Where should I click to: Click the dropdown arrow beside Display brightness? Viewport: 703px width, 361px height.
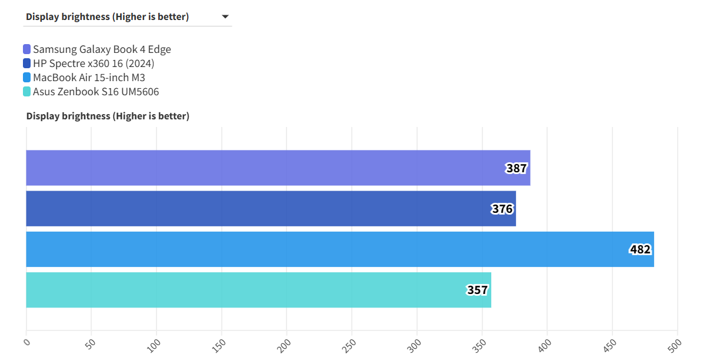(225, 17)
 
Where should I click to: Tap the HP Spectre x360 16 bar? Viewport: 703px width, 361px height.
(271, 209)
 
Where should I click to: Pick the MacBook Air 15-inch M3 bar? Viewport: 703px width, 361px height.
(339, 249)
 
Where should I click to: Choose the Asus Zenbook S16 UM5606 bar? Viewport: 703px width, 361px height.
(258, 290)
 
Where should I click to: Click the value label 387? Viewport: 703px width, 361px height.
(517, 169)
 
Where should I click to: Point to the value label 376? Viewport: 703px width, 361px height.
(502, 209)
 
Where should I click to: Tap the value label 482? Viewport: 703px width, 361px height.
(640, 249)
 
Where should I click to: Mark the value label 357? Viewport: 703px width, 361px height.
(478, 290)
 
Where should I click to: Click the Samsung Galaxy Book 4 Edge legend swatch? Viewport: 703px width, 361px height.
(27, 49)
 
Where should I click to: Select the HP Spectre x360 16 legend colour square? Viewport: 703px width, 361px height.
(27, 63)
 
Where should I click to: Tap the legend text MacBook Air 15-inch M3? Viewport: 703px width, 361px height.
(89, 78)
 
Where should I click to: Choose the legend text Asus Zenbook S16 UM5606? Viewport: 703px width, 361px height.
(96, 92)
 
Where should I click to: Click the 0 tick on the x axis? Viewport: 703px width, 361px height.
(26, 341)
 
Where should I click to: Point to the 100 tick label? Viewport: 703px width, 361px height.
(155, 343)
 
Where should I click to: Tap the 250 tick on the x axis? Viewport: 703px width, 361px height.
(351, 343)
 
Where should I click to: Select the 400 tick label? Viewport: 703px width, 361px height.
(546, 343)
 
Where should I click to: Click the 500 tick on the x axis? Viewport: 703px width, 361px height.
(676, 343)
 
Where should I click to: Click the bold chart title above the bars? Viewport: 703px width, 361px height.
(108, 116)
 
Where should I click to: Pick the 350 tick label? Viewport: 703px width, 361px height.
(481, 343)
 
